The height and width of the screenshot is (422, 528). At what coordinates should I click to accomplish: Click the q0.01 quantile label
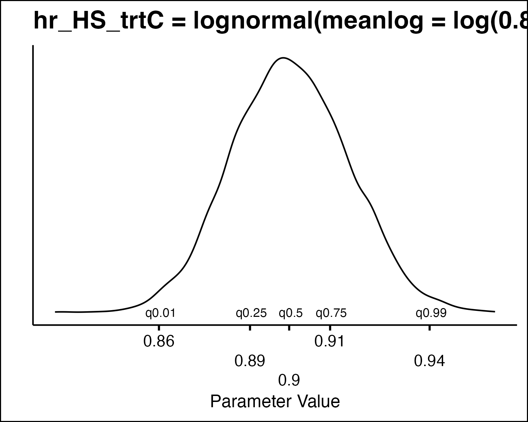(x=161, y=313)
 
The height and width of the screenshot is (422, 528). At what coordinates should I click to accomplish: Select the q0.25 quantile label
(x=251, y=313)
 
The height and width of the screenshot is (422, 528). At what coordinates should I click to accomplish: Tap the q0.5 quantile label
(x=291, y=313)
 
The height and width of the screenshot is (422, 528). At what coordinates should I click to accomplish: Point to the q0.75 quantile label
(x=331, y=313)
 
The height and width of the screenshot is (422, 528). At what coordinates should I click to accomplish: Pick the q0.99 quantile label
(x=431, y=313)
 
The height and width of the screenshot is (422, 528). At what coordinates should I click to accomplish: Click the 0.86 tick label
(x=159, y=341)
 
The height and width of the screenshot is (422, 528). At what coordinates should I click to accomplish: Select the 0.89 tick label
(x=250, y=361)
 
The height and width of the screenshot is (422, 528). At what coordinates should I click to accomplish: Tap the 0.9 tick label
(x=289, y=380)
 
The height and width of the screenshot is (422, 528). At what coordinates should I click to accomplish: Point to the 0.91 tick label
(x=330, y=341)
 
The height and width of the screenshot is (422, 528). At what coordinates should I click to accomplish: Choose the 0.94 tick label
(x=429, y=361)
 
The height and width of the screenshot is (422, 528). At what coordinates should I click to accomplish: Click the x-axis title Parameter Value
(x=275, y=402)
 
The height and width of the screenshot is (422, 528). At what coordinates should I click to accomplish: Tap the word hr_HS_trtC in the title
(x=98, y=21)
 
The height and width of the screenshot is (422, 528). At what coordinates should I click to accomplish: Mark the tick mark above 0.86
(x=159, y=328)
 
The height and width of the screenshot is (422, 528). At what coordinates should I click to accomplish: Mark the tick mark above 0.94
(x=429, y=328)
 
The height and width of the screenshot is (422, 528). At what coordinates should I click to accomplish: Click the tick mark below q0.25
(x=250, y=328)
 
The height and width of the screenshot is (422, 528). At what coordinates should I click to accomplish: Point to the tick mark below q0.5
(x=289, y=328)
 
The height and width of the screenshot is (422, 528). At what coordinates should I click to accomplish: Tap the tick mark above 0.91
(x=330, y=328)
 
